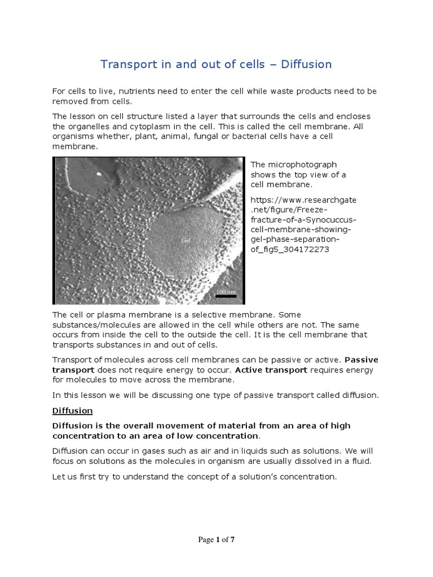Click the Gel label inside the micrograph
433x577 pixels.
coord(186,241)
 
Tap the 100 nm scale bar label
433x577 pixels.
coord(226,291)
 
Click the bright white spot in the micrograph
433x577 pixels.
coord(100,174)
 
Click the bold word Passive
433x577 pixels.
coord(361,359)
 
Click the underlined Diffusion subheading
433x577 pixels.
coord(73,410)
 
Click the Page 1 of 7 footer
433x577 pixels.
coord(216,540)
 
